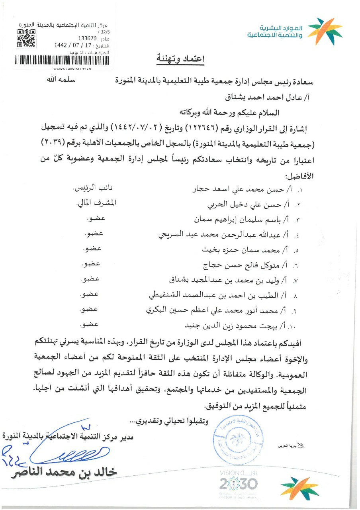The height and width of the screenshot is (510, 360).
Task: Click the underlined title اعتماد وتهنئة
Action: pyautogui.click(x=180, y=59)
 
